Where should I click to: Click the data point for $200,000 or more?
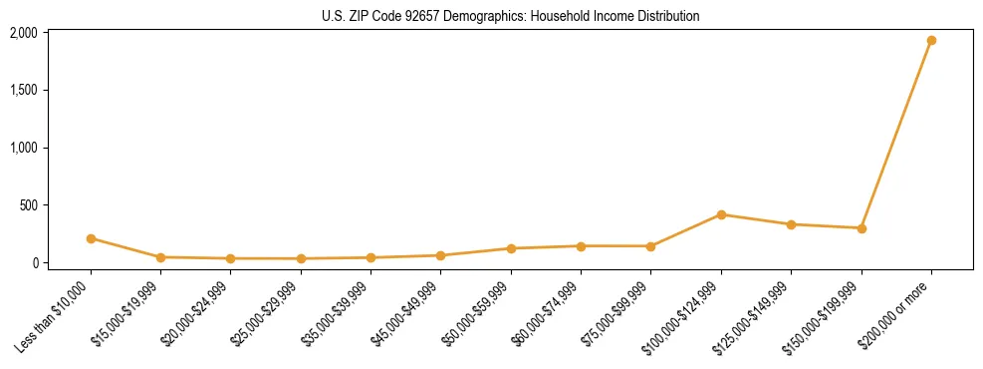(x=931, y=41)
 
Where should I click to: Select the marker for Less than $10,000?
(x=91, y=238)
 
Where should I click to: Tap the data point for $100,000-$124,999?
(x=721, y=214)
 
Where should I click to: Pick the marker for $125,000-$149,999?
(x=791, y=224)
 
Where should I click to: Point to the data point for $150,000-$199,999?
(x=861, y=228)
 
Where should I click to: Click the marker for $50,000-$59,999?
(x=511, y=248)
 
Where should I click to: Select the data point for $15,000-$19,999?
(x=160, y=257)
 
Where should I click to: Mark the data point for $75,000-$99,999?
(x=650, y=246)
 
